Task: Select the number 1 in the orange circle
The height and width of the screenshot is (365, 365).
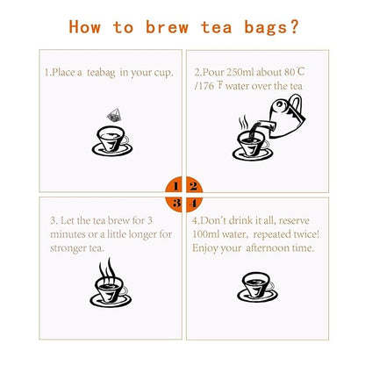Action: [x=175, y=186]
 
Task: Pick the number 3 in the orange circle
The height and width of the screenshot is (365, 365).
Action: [x=175, y=204]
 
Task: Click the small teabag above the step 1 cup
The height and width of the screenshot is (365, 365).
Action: [x=112, y=113]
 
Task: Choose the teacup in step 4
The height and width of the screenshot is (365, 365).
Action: [x=255, y=286]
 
